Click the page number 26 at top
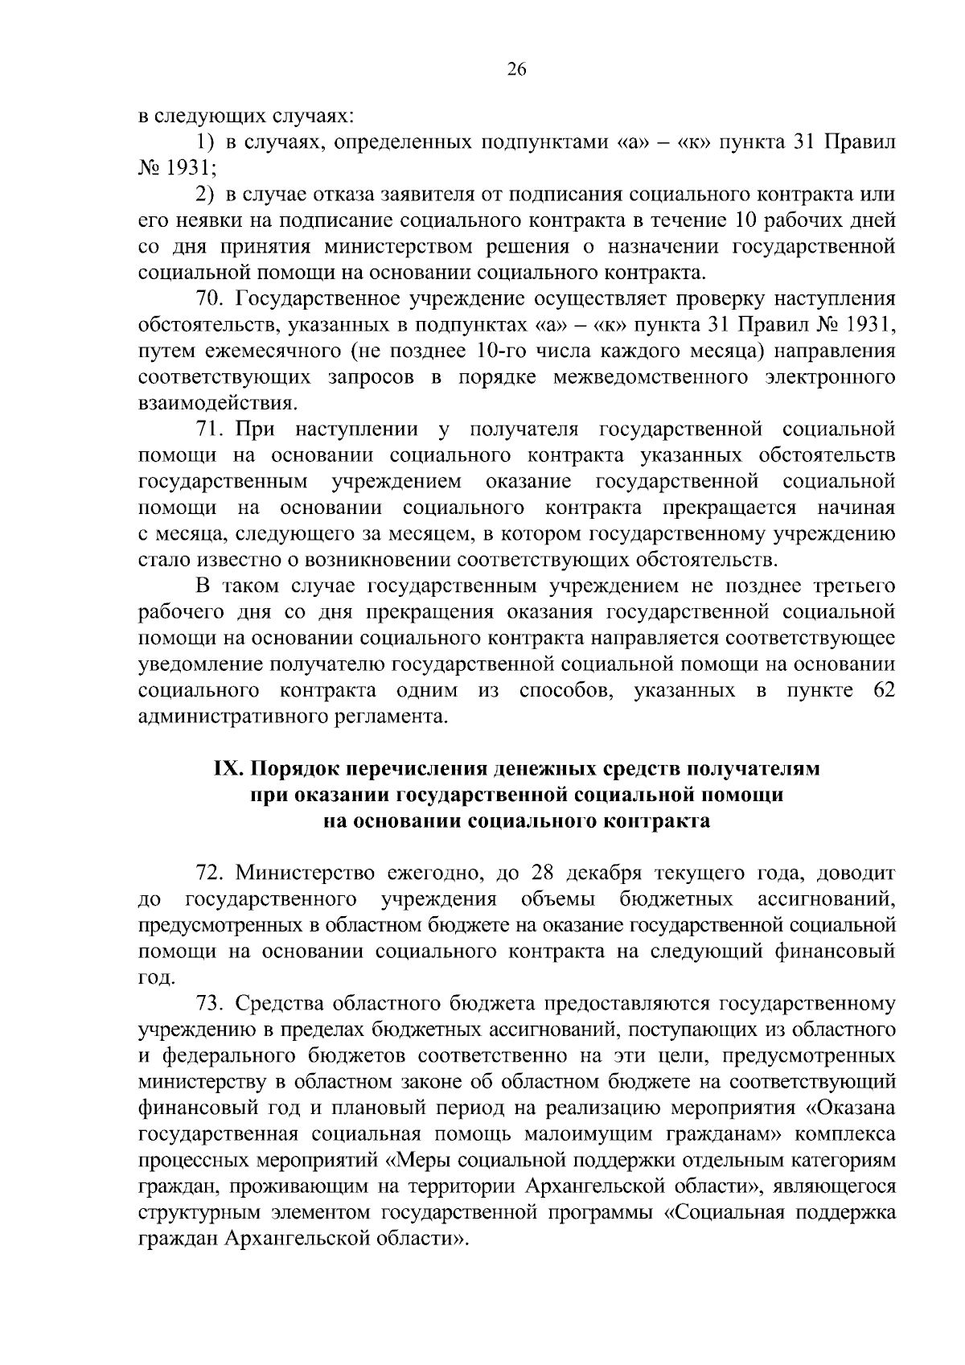click(516, 70)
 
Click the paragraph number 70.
click(211, 299)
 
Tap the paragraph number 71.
click(211, 430)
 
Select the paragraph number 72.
click(211, 873)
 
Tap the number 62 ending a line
click(883, 690)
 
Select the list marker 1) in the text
click(207, 142)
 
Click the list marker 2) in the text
click(207, 195)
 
